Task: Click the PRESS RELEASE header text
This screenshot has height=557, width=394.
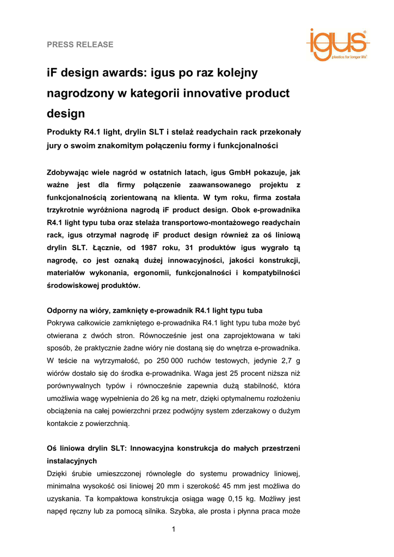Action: pyautogui.click(x=80, y=45)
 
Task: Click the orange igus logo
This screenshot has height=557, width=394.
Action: pyautogui.click(x=337, y=45)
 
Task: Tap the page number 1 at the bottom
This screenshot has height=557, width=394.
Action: pyautogui.click(x=173, y=530)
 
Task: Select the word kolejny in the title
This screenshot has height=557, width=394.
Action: pyautogui.click(x=236, y=72)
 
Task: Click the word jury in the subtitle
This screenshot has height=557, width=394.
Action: pyautogui.click(x=56, y=146)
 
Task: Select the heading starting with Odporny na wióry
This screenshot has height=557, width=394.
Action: pyautogui.click(x=155, y=311)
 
